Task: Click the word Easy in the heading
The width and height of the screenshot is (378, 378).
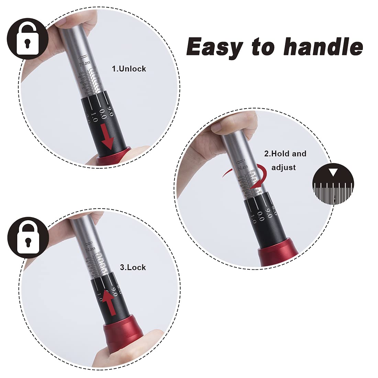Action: point(214,47)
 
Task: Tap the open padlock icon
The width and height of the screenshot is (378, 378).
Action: point(27,38)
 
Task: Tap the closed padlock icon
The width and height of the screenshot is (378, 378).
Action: point(28,237)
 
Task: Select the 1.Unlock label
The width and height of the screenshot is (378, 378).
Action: point(129,69)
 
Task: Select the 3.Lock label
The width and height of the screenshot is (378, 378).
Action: point(133,267)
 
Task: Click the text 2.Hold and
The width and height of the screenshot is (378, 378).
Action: point(285,154)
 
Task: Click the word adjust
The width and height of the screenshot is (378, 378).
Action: point(283,167)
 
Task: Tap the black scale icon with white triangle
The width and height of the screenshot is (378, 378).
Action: point(333,184)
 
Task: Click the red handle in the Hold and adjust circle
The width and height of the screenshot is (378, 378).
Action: point(278,254)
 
